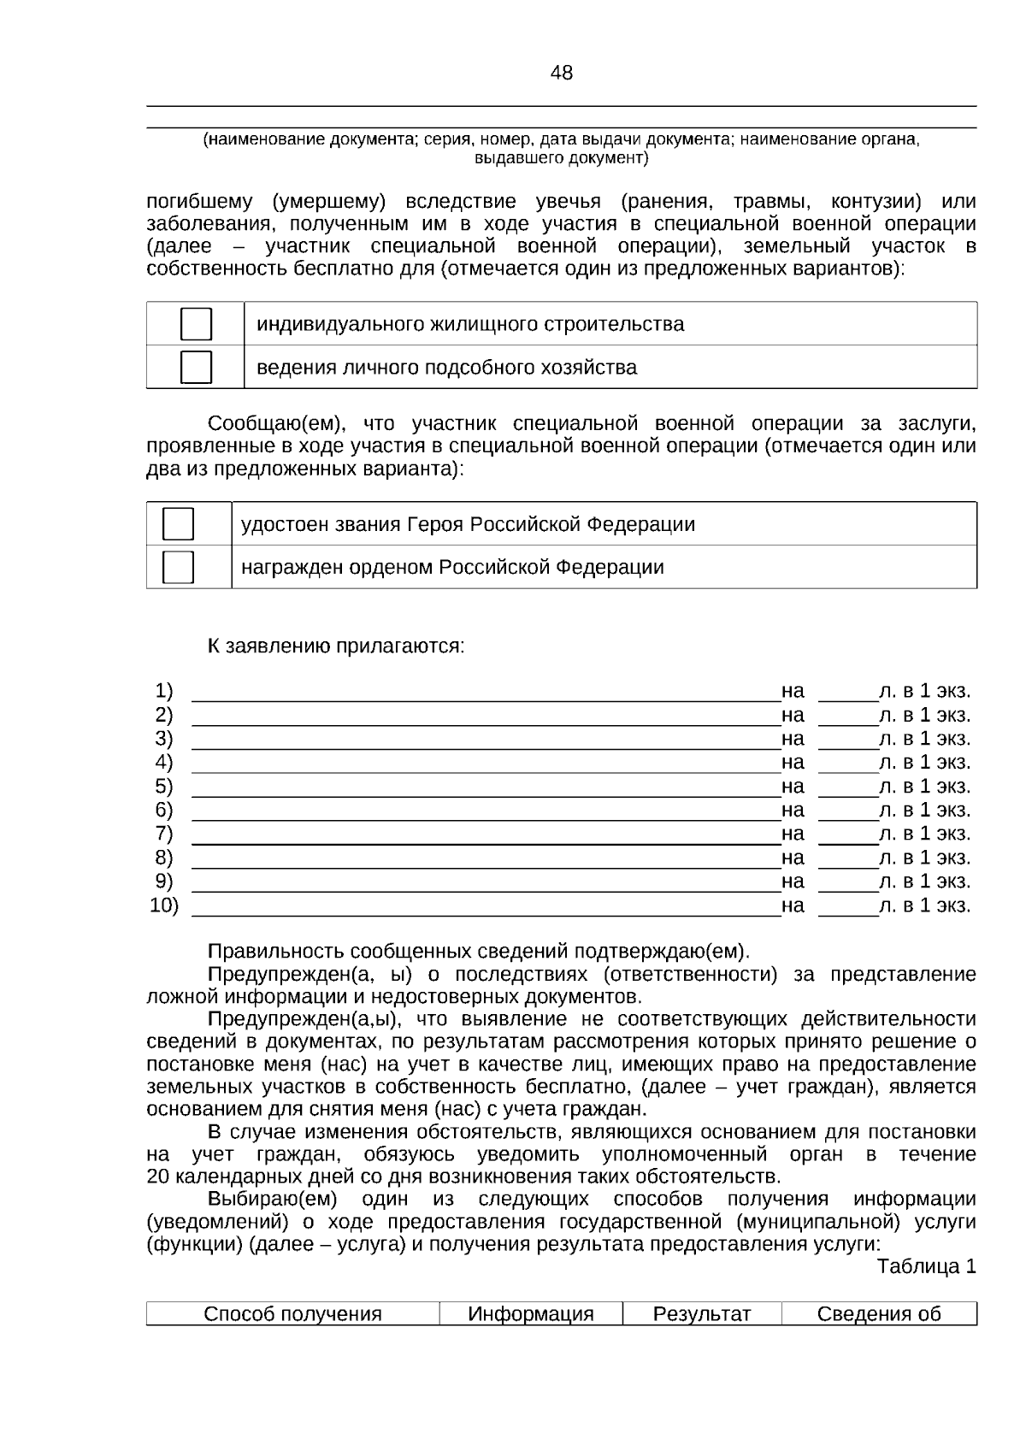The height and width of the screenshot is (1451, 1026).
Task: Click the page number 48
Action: point(562,74)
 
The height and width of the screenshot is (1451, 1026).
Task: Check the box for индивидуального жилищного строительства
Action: point(196,324)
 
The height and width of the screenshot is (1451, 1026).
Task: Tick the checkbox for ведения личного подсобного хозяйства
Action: point(196,367)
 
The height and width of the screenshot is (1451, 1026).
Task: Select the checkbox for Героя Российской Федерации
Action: point(178,523)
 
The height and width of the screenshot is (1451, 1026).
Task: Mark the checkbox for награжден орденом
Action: point(178,567)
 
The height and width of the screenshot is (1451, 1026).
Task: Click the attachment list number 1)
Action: point(164,691)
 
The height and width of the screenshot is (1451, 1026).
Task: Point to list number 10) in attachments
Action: point(164,905)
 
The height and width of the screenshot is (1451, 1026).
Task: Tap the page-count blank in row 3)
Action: point(847,740)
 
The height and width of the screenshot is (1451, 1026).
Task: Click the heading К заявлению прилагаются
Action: point(336,646)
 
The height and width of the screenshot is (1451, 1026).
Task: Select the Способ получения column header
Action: point(292,1313)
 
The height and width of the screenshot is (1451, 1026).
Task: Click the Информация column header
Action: point(530,1313)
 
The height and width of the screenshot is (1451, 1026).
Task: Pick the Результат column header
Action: point(701,1313)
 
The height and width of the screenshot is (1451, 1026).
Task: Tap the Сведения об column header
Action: point(878,1313)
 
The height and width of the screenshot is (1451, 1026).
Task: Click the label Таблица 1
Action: point(926,1266)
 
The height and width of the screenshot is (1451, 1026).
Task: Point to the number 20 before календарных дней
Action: point(158,1177)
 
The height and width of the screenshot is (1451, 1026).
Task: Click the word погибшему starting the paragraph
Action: point(199,203)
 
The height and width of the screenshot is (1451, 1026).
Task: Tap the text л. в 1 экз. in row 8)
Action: point(924,858)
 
